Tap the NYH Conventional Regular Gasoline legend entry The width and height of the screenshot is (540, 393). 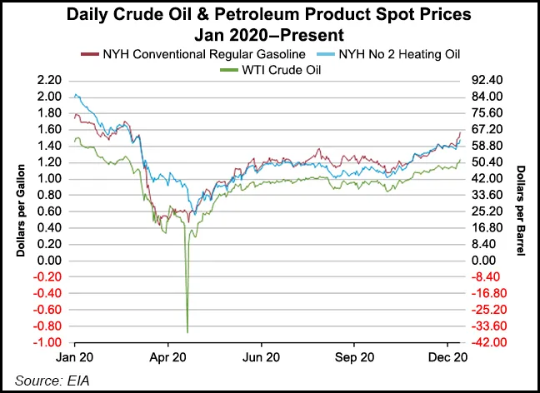[x=195, y=54]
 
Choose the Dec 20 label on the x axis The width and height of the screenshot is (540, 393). [x=447, y=358]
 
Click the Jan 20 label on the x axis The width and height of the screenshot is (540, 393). [x=75, y=358]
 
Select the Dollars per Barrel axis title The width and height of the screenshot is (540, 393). [x=521, y=211]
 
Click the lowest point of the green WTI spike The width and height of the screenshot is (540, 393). [x=187, y=332]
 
